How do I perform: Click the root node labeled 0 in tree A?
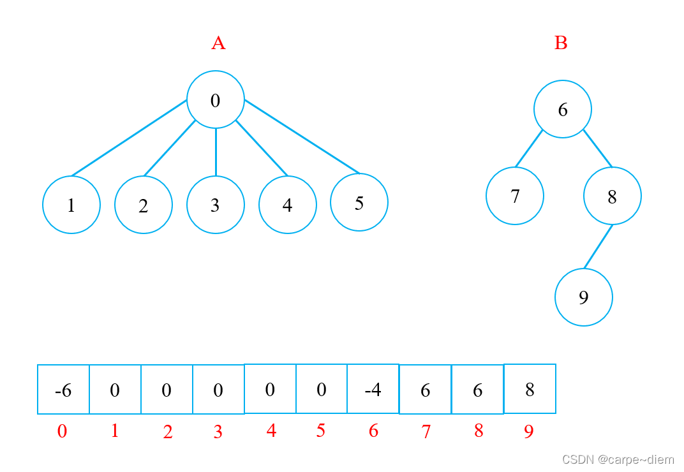(216, 100)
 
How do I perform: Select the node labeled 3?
(216, 205)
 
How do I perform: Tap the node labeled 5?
(359, 203)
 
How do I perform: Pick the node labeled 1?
(71, 205)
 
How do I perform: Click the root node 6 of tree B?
(563, 109)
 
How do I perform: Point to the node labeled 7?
(515, 196)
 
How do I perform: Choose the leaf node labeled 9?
(584, 297)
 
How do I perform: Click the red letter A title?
(218, 43)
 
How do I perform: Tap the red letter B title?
(561, 43)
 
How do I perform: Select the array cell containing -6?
(63, 390)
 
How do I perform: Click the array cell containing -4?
(373, 388)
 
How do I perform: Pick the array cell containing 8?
(530, 388)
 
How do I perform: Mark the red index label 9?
(528, 432)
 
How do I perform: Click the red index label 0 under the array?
(62, 432)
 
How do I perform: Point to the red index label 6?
(373, 432)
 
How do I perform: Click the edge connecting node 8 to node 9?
(598, 246)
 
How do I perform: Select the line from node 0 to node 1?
(129, 137)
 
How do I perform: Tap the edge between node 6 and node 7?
(529, 149)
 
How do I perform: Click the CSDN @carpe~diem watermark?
(618, 459)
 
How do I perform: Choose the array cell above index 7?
(426, 390)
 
